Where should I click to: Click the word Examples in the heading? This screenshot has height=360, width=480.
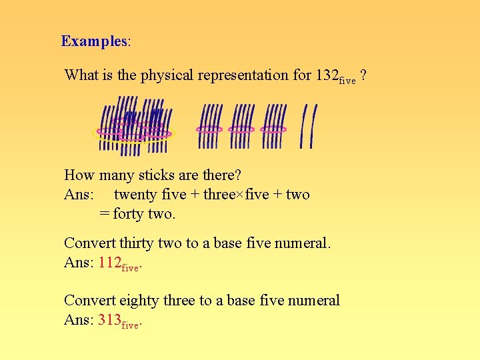pyautogui.click(x=93, y=41)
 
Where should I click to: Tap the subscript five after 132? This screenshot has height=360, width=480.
pyautogui.click(x=347, y=81)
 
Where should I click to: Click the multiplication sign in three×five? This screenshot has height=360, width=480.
pyautogui.click(x=241, y=195)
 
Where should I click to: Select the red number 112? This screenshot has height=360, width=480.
pyautogui.click(x=109, y=262)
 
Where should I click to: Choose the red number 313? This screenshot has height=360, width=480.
pyautogui.click(x=109, y=320)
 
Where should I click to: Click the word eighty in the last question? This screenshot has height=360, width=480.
pyautogui.click(x=138, y=301)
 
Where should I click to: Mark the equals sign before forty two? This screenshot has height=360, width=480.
pyautogui.click(x=104, y=214)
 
